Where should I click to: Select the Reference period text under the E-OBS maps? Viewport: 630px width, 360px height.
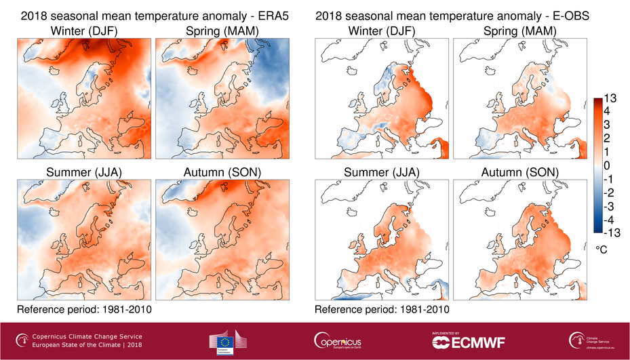[382, 310]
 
